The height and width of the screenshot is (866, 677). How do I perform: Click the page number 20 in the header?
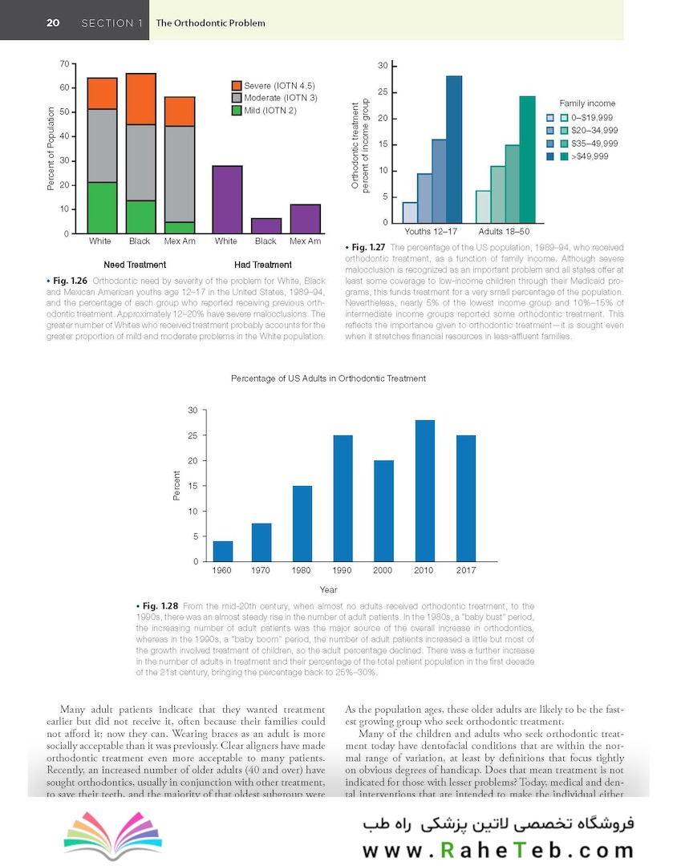(x=54, y=22)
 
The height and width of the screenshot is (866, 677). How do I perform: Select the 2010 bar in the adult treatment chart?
(x=425, y=491)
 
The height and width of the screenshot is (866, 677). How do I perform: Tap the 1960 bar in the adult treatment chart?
(x=223, y=552)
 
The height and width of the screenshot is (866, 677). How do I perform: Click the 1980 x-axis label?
(x=302, y=571)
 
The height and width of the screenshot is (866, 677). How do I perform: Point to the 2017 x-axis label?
(x=464, y=571)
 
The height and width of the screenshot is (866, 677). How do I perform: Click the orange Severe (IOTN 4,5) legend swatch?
(x=237, y=85)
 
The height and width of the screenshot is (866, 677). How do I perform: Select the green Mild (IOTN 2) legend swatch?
(x=237, y=110)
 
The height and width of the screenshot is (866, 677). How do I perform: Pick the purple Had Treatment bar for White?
(x=226, y=200)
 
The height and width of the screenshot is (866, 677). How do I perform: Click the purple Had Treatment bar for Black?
(x=266, y=225)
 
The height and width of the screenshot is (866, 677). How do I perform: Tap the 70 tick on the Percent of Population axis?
(x=63, y=63)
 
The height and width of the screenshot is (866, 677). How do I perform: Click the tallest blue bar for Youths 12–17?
(x=454, y=149)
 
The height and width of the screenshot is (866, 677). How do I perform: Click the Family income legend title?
(x=587, y=103)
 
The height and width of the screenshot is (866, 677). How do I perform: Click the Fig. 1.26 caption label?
(x=68, y=281)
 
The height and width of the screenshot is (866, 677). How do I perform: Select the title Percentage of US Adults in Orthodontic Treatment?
(x=328, y=378)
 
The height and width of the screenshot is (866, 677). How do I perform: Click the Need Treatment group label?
(x=135, y=265)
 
